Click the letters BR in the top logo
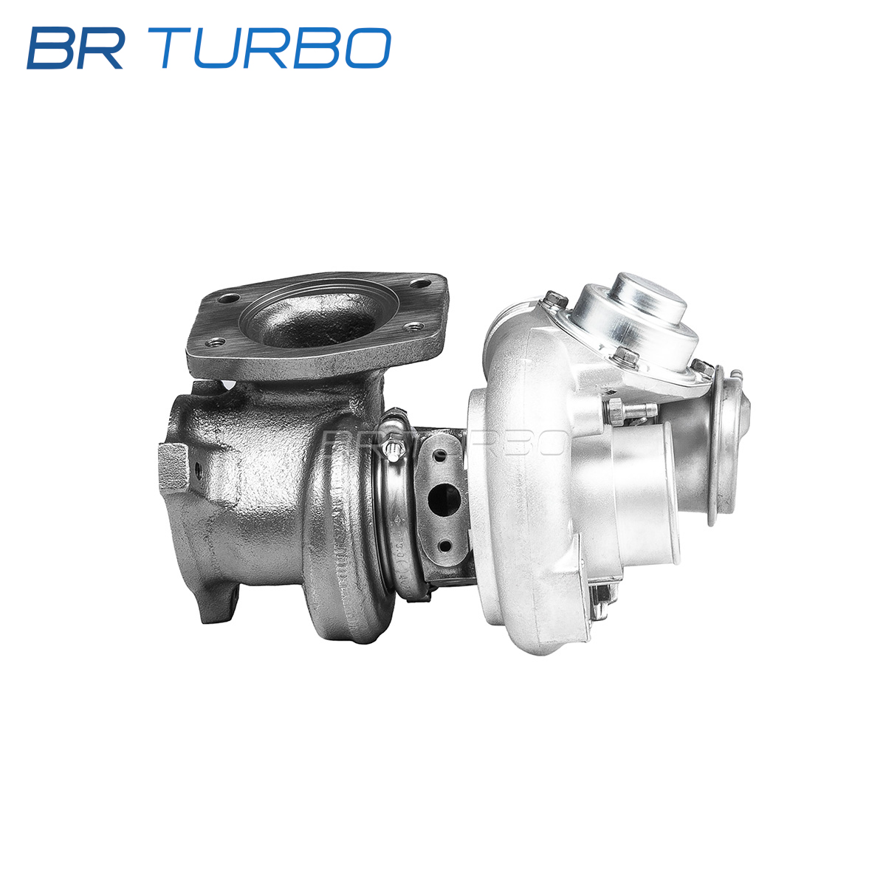76,48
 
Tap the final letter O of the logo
368,48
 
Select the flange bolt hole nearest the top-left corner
228,298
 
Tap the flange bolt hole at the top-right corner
420,284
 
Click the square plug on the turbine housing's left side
174,468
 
